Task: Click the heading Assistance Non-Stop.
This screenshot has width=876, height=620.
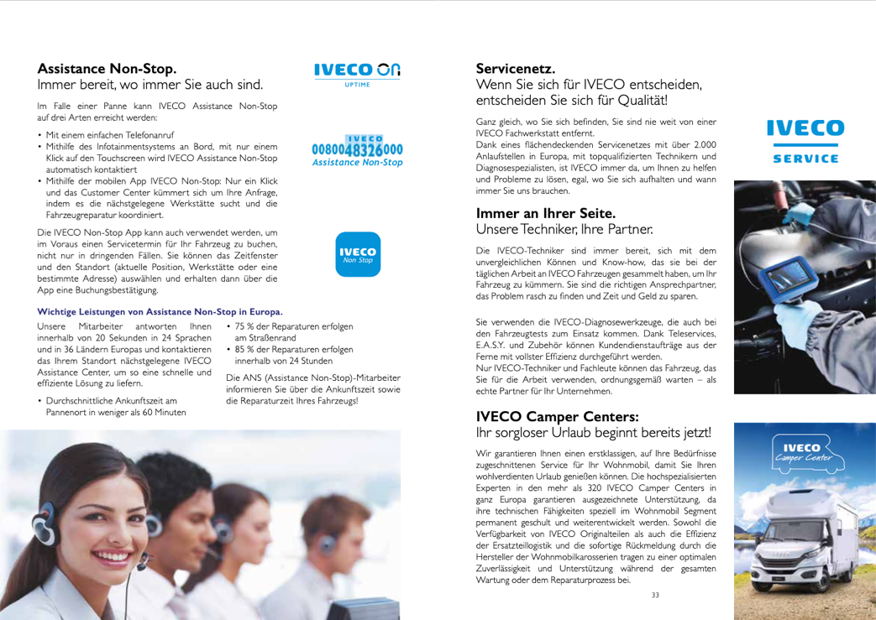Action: click(x=107, y=68)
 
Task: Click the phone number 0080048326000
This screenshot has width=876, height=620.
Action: click(x=357, y=149)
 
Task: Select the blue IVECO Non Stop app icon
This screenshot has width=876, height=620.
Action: click(x=358, y=256)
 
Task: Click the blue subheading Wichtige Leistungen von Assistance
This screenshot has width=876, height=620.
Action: click(x=160, y=311)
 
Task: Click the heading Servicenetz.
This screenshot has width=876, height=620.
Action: click(x=514, y=68)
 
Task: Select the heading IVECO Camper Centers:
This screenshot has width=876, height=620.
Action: click(x=559, y=416)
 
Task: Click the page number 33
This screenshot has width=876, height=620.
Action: click(x=655, y=595)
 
